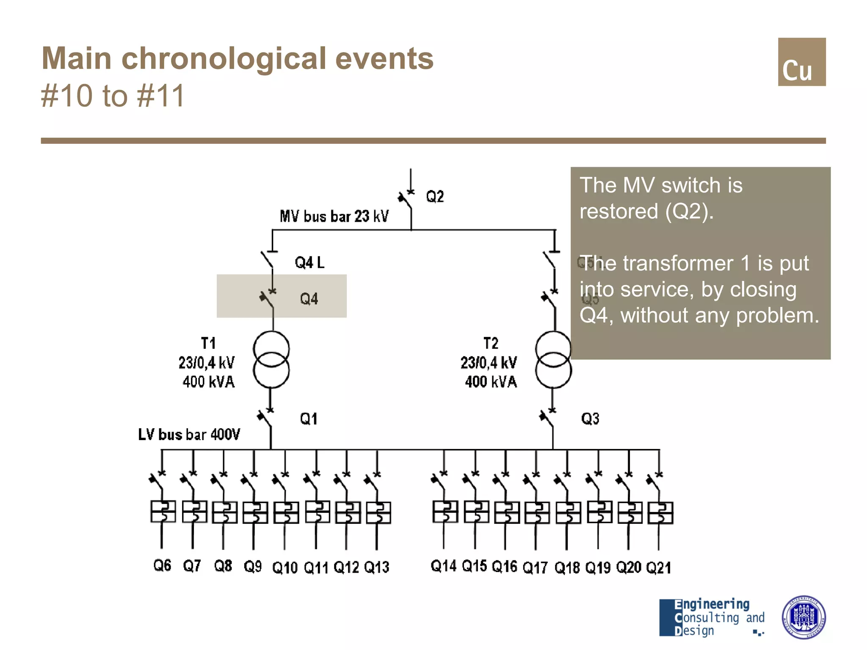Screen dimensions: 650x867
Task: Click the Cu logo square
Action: pyautogui.click(x=801, y=62)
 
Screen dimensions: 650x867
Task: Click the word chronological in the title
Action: pyautogui.click(x=224, y=58)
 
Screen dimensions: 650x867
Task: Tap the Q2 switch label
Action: pyautogui.click(x=435, y=197)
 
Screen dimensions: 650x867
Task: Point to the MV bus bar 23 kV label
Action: pyautogui.click(x=334, y=216)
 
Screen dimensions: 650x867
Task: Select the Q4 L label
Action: pyautogui.click(x=309, y=263)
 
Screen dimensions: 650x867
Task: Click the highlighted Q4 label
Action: pyautogui.click(x=309, y=299)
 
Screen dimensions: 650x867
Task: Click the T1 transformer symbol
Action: pyautogui.click(x=271, y=360)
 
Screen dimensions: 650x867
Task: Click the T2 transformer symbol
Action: pyautogui.click(x=553, y=360)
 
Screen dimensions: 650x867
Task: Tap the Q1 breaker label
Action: pyautogui.click(x=309, y=419)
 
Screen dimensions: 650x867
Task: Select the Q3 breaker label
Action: pyautogui.click(x=590, y=419)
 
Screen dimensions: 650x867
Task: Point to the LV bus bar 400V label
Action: pyautogui.click(x=189, y=435)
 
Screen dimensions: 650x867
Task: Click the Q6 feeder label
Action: pyautogui.click(x=162, y=565)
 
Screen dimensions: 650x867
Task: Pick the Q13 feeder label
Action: pyautogui.click(x=376, y=567)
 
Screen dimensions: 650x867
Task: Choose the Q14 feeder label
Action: pyautogui.click(x=443, y=566)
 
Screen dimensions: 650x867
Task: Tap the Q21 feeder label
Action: pyautogui.click(x=659, y=567)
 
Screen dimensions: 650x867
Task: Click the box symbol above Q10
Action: pyautogui.click(x=286, y=512)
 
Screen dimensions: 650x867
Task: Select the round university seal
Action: pyautogui.click(x=803, y=617)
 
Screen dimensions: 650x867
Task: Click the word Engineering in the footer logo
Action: pyautogui.click(x=712, y=604)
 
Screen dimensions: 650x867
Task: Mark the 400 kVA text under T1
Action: pyautogui.click(x=208, y=382)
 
